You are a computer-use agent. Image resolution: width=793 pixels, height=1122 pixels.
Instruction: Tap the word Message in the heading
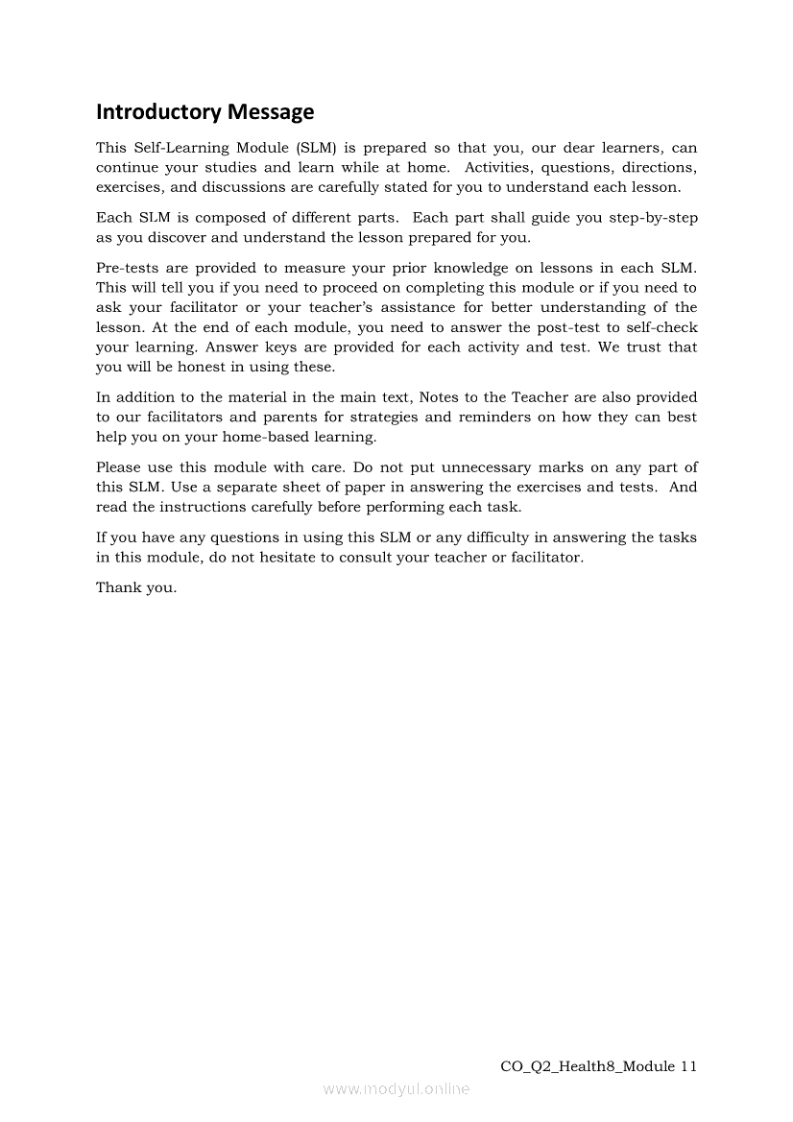click(271, 112)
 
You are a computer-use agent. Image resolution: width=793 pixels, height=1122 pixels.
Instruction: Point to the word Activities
click(502, 168)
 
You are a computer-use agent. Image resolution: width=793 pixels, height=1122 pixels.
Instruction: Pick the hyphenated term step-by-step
click(654, 218)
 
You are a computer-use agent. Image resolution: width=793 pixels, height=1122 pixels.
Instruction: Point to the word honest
click(199, 367)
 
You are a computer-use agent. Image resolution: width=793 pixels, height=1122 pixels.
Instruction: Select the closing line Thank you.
click(136, 587)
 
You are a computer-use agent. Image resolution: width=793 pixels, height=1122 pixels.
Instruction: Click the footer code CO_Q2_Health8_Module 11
click(599, 1066)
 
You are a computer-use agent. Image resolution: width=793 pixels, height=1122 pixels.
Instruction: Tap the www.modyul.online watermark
click(396, 1089)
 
